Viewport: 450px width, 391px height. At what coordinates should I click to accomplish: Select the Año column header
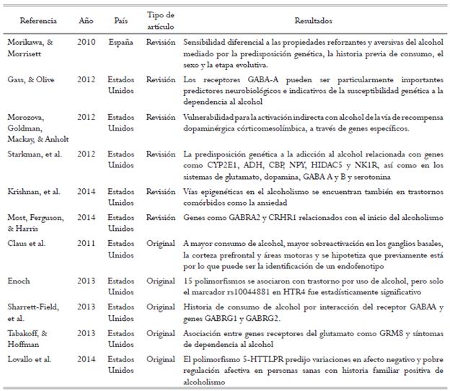(x=86, y=19)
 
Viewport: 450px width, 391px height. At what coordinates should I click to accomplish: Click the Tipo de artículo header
(x=160, y=19)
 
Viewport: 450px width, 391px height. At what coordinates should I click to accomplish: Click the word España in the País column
(x=120, y=42)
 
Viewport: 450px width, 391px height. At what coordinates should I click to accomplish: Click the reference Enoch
(x=19, y=279)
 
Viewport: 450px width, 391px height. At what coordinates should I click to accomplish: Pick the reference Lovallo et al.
(x=30, y=358)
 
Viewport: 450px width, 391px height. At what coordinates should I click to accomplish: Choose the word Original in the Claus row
(x=160, y=243)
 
